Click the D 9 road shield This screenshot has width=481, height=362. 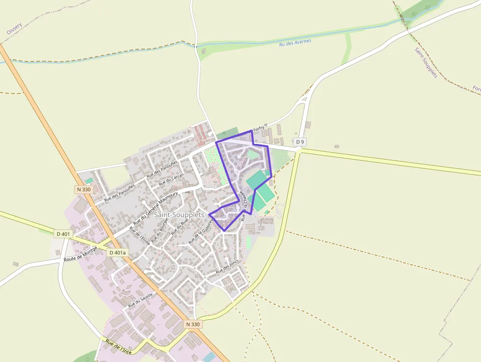(300, 142)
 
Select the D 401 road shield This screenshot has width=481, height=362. (63, 234)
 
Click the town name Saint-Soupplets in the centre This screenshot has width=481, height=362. (179, 215)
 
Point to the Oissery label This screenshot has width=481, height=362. (14, 28)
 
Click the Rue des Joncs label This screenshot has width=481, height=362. (227, 266)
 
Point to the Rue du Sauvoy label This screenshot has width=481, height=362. (141, 300)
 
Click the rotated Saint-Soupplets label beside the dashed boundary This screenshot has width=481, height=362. (426, 62)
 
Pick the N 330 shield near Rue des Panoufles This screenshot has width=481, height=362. (84, 189)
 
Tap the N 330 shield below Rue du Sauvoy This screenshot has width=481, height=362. (193, 324)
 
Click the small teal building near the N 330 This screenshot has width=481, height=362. (89, 181)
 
